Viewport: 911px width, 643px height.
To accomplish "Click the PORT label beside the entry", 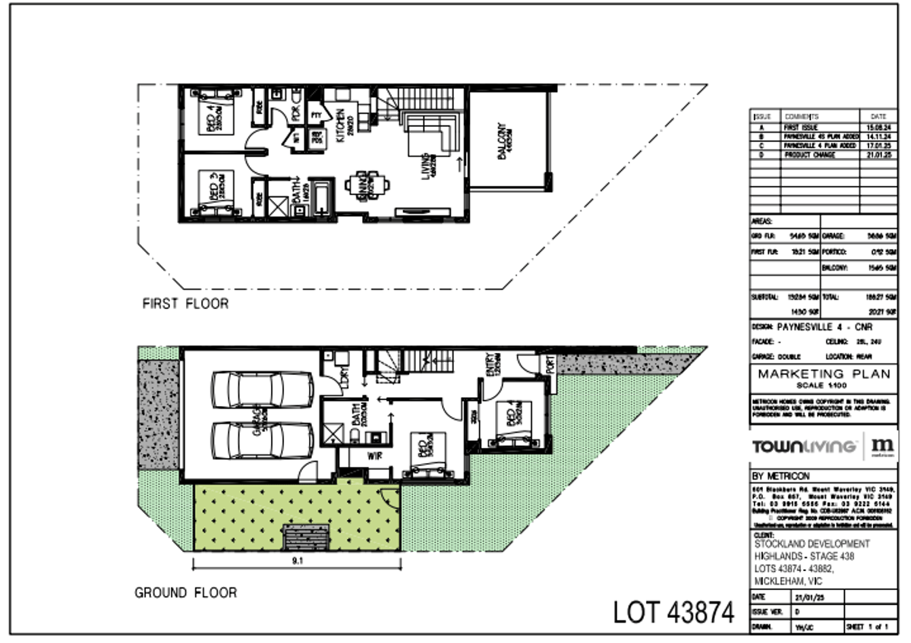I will tap(550, 364).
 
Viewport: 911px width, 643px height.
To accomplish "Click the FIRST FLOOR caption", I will tap(185, 304).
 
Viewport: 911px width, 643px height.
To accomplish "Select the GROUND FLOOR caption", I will tap(185, 592).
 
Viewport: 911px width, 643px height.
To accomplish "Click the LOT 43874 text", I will tap(673, 612).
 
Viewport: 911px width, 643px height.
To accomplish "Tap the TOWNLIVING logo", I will tap(803, 446).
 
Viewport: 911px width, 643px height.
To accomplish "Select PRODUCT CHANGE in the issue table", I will tap(809, 155).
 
